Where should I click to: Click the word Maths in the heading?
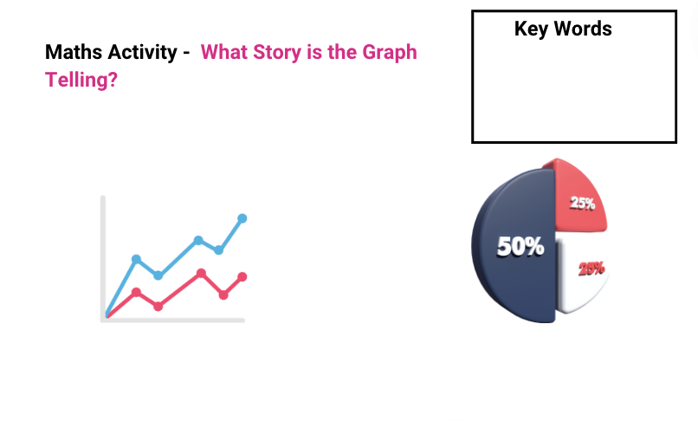coord(72,52)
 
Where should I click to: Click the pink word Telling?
coord(81,81)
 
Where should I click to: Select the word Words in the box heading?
coord(584,29)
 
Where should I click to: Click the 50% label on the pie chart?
coord(520,247)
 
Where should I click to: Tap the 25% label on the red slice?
coord(582,204)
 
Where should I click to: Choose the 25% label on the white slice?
coord(591,269)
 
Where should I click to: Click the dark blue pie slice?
coord(515,277)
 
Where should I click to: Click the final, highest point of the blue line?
coord(242,218)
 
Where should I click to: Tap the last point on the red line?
coord(242,276)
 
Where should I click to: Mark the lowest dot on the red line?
coord(158,307)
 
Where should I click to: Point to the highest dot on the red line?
coord(201,273)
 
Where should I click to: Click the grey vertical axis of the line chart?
coord(103,251)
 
